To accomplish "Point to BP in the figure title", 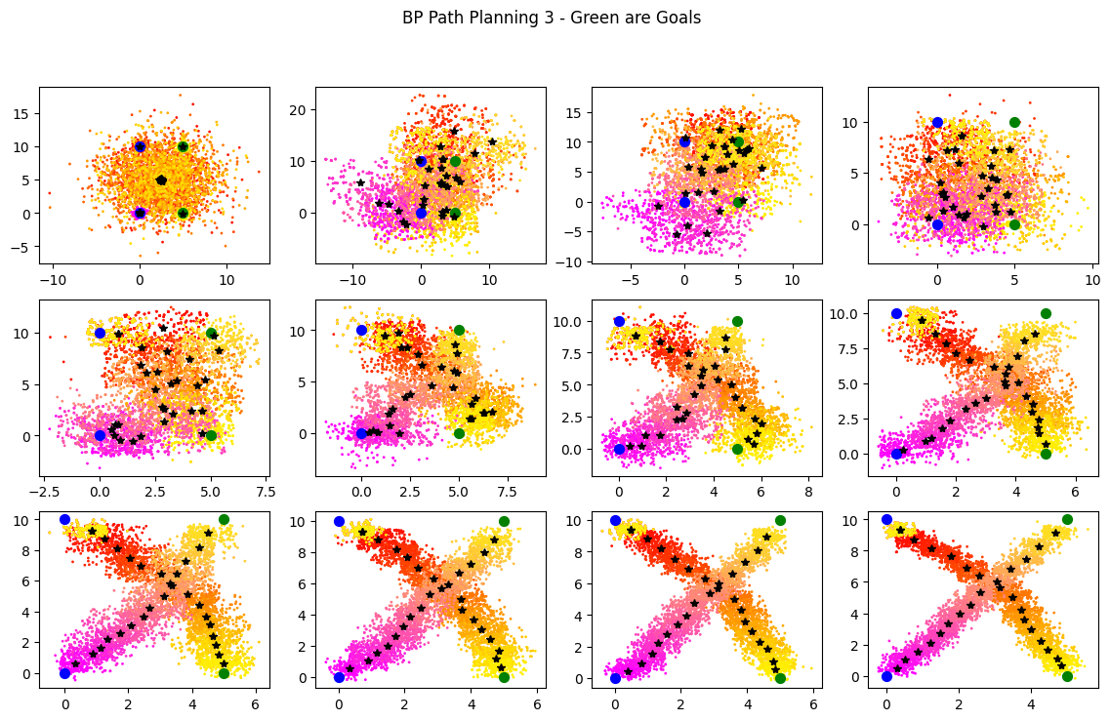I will click(x=412, y=18).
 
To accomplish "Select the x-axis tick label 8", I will click(x=808, y=492).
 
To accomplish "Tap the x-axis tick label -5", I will click(x=630, y=279).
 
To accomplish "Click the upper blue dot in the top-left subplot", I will click(x=140, y=146).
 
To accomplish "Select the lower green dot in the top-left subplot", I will click(x=183, y=213).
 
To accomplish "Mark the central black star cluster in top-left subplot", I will click(x=161, y=180).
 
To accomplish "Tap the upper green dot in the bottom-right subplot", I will click(x=1067, y=519).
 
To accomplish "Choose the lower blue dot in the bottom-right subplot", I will click(x=886, y=676).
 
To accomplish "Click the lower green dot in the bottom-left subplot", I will click(x=224, y=673).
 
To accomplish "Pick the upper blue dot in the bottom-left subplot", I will click(x=64, y=519).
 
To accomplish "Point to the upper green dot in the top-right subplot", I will click(x=1014, y=122).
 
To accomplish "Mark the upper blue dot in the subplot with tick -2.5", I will click(x=100, y=333).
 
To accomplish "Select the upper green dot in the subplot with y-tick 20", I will click(x=455, y=161).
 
